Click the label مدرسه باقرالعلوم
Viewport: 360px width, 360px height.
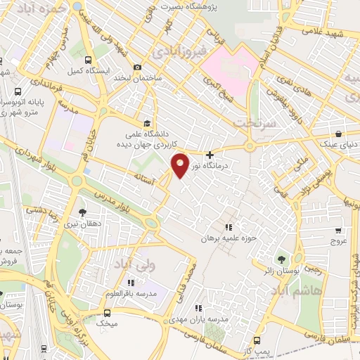(127, 293)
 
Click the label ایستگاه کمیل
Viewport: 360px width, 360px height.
(86, 72)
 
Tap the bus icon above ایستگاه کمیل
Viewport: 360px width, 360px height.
(87, 60)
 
